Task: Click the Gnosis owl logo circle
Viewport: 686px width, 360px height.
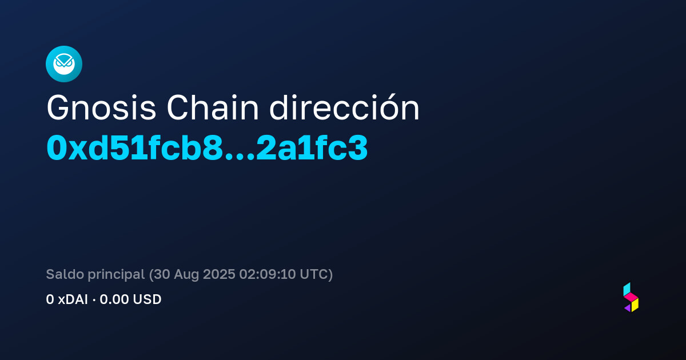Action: click(x=64, y=64)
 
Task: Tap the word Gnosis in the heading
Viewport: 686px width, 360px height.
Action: click(x=101, y=108)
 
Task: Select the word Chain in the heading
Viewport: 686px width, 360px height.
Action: click(x=213, y=108)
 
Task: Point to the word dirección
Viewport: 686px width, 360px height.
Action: click(x=344, y=107)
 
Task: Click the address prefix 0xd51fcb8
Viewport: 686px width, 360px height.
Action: click(x=135, y=148)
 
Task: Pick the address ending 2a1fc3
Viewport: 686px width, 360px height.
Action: click(x=312, y=148)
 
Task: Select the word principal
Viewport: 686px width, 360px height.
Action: click(x=116, y=275)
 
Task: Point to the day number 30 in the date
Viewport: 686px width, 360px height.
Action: click(x=162, y=274)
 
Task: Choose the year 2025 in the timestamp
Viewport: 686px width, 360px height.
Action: click(x=219, y=274)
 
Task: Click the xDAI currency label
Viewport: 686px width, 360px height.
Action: click(x=73, y=299)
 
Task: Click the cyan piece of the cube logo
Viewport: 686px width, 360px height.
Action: click(x=627, y=289)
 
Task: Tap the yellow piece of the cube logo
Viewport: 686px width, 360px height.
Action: click(x=635, y=305)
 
